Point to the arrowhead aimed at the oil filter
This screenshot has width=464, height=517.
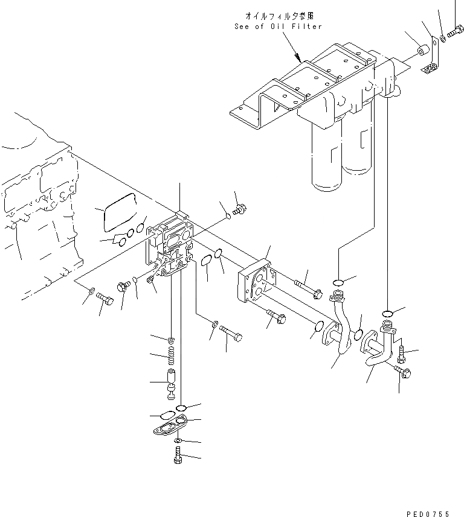point(299,60)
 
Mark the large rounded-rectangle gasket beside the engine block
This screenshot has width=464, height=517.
point(119,212)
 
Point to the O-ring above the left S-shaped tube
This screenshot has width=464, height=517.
point(339,281)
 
